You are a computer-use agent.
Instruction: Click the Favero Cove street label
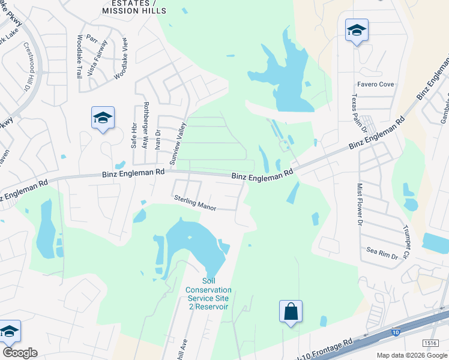coord(376,85)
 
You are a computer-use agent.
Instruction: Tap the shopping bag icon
coord(291,312)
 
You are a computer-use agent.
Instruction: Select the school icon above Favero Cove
coord(357,31)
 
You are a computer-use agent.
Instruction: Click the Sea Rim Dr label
coord(382,253)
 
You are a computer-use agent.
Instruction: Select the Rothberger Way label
coord(145,125)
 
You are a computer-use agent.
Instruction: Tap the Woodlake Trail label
coord(79,56)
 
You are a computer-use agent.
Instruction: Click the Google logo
coord(20,353)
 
